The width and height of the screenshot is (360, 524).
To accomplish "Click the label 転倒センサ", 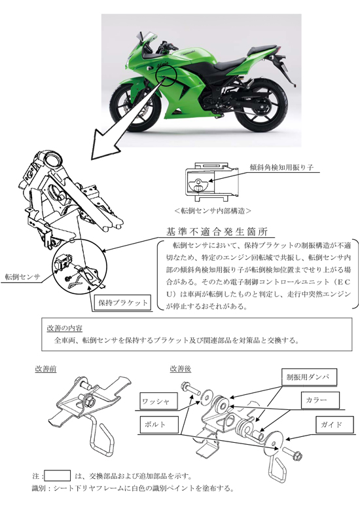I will click(22, 277).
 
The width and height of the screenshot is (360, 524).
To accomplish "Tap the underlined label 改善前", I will click(46, 369).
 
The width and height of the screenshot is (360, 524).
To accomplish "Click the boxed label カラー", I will click(319, 399).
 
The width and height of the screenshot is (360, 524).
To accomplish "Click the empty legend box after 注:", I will click(58, 476).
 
